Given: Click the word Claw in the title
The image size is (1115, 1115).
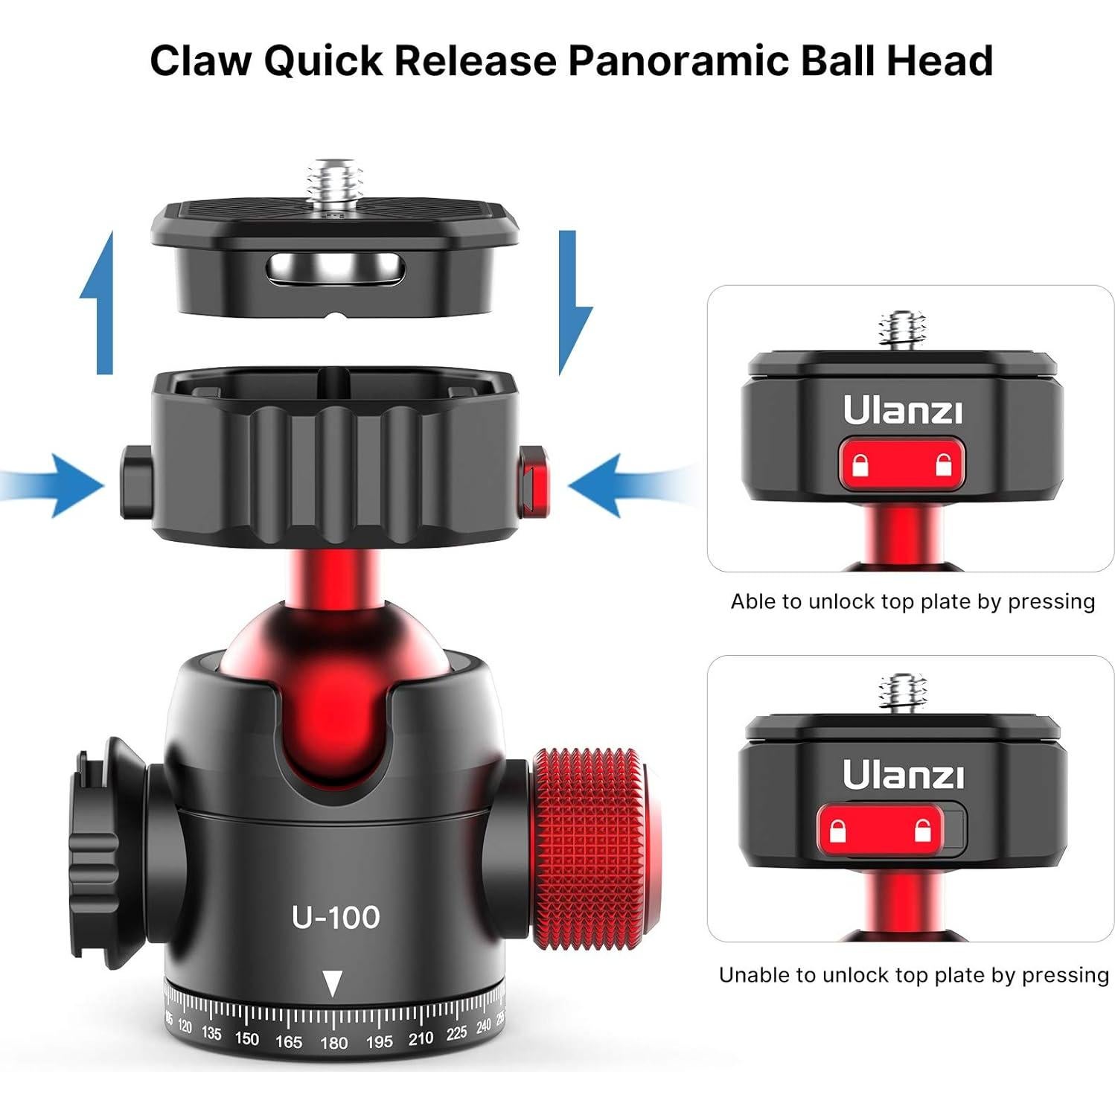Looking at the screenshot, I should (199, 60).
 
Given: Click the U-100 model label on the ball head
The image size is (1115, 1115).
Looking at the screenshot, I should (336, 917).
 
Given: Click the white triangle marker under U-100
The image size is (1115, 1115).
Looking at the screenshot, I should (333, 984).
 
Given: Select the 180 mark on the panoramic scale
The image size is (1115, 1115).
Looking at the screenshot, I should (333, 1043).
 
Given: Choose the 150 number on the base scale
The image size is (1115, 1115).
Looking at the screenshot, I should (246, 1038).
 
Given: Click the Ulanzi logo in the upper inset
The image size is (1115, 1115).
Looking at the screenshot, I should (902, 410).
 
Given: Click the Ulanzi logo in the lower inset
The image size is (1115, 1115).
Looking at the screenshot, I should (903, 775).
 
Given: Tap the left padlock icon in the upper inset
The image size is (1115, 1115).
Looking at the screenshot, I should (861, 466).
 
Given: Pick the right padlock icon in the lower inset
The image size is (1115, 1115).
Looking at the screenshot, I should (924, 830).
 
